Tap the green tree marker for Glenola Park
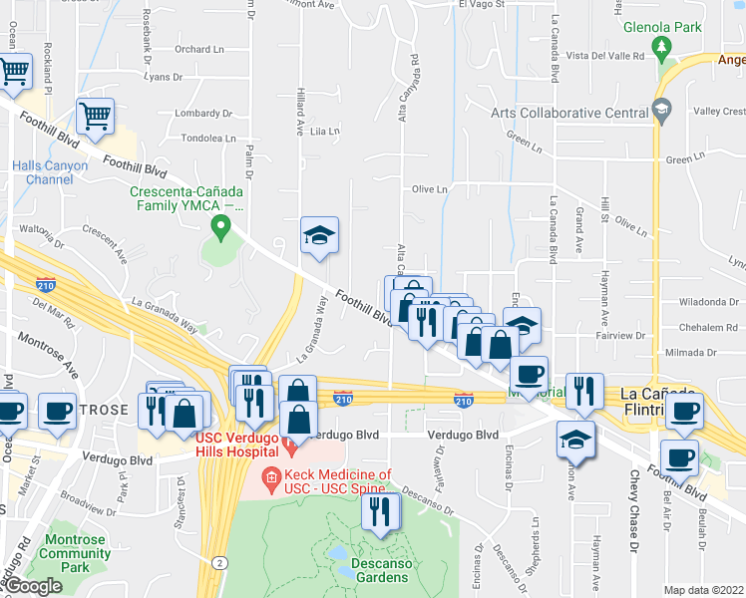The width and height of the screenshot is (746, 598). click(660, 46)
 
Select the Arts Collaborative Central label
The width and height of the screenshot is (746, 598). click(569, 113)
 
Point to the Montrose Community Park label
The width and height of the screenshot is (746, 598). click(76, 553)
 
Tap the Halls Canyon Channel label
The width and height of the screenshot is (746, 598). click(50, 172)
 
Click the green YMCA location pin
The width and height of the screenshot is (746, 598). click(220, 230)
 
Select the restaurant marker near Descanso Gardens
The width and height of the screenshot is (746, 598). click(380, 512)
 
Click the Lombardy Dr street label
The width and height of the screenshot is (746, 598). click(203, 114)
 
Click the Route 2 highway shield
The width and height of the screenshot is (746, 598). click(217, 563)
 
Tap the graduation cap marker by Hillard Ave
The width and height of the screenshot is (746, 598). click(320, 236)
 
